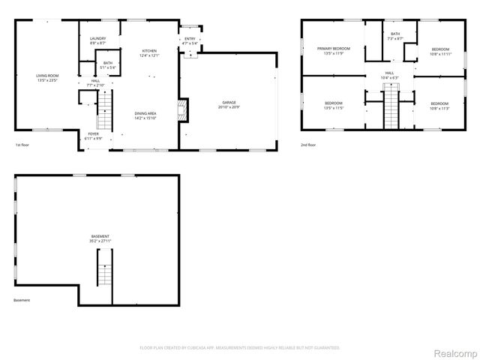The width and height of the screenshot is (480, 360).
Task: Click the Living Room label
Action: [47, 77]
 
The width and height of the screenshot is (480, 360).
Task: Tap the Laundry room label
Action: [97, 41]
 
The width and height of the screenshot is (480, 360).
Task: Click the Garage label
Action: [229, 103]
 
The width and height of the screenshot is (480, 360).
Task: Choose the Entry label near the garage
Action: [190, 41]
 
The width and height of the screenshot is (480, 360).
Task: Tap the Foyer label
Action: [93, 136]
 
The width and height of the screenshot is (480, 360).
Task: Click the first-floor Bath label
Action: [108, 65]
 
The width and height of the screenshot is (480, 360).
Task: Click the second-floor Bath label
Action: [394, 37]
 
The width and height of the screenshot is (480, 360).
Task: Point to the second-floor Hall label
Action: [390, 75]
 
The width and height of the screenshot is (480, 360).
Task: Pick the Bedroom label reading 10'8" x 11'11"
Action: [439, 52]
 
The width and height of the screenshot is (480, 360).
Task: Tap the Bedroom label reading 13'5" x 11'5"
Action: [333, 106]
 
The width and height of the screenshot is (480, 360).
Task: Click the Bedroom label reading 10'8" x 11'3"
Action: [439, 106]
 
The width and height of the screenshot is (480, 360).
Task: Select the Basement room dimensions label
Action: [100, 239]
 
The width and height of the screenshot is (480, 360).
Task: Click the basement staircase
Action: [104, 268]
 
